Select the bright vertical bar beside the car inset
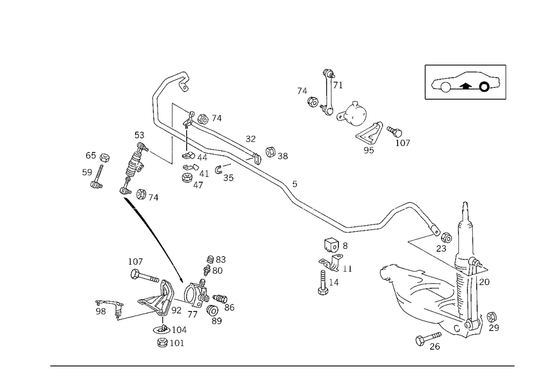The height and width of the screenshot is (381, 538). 507,81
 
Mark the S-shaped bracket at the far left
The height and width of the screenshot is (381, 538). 97,170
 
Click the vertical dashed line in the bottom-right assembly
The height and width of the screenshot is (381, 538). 473,291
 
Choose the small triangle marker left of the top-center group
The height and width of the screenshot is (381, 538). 301,90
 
